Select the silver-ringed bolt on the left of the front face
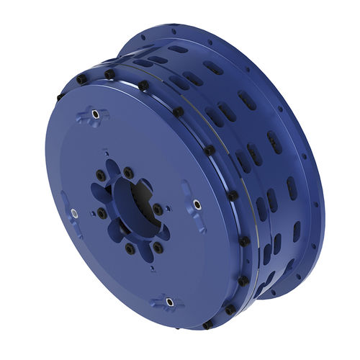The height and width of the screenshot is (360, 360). [x=73, y=212]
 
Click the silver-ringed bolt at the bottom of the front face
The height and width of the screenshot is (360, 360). [x=170, y=301]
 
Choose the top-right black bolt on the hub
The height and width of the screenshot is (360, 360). [x=127, y=171]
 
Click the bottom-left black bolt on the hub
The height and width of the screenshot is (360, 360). [x=130, y=248]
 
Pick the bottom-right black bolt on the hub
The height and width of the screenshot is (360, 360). [x=158, y=247]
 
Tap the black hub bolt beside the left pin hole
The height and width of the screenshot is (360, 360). [x=102, y=214]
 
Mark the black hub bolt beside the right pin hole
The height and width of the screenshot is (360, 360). [x=157, y=209]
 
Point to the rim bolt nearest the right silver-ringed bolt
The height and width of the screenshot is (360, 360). [x=233, y=195]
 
